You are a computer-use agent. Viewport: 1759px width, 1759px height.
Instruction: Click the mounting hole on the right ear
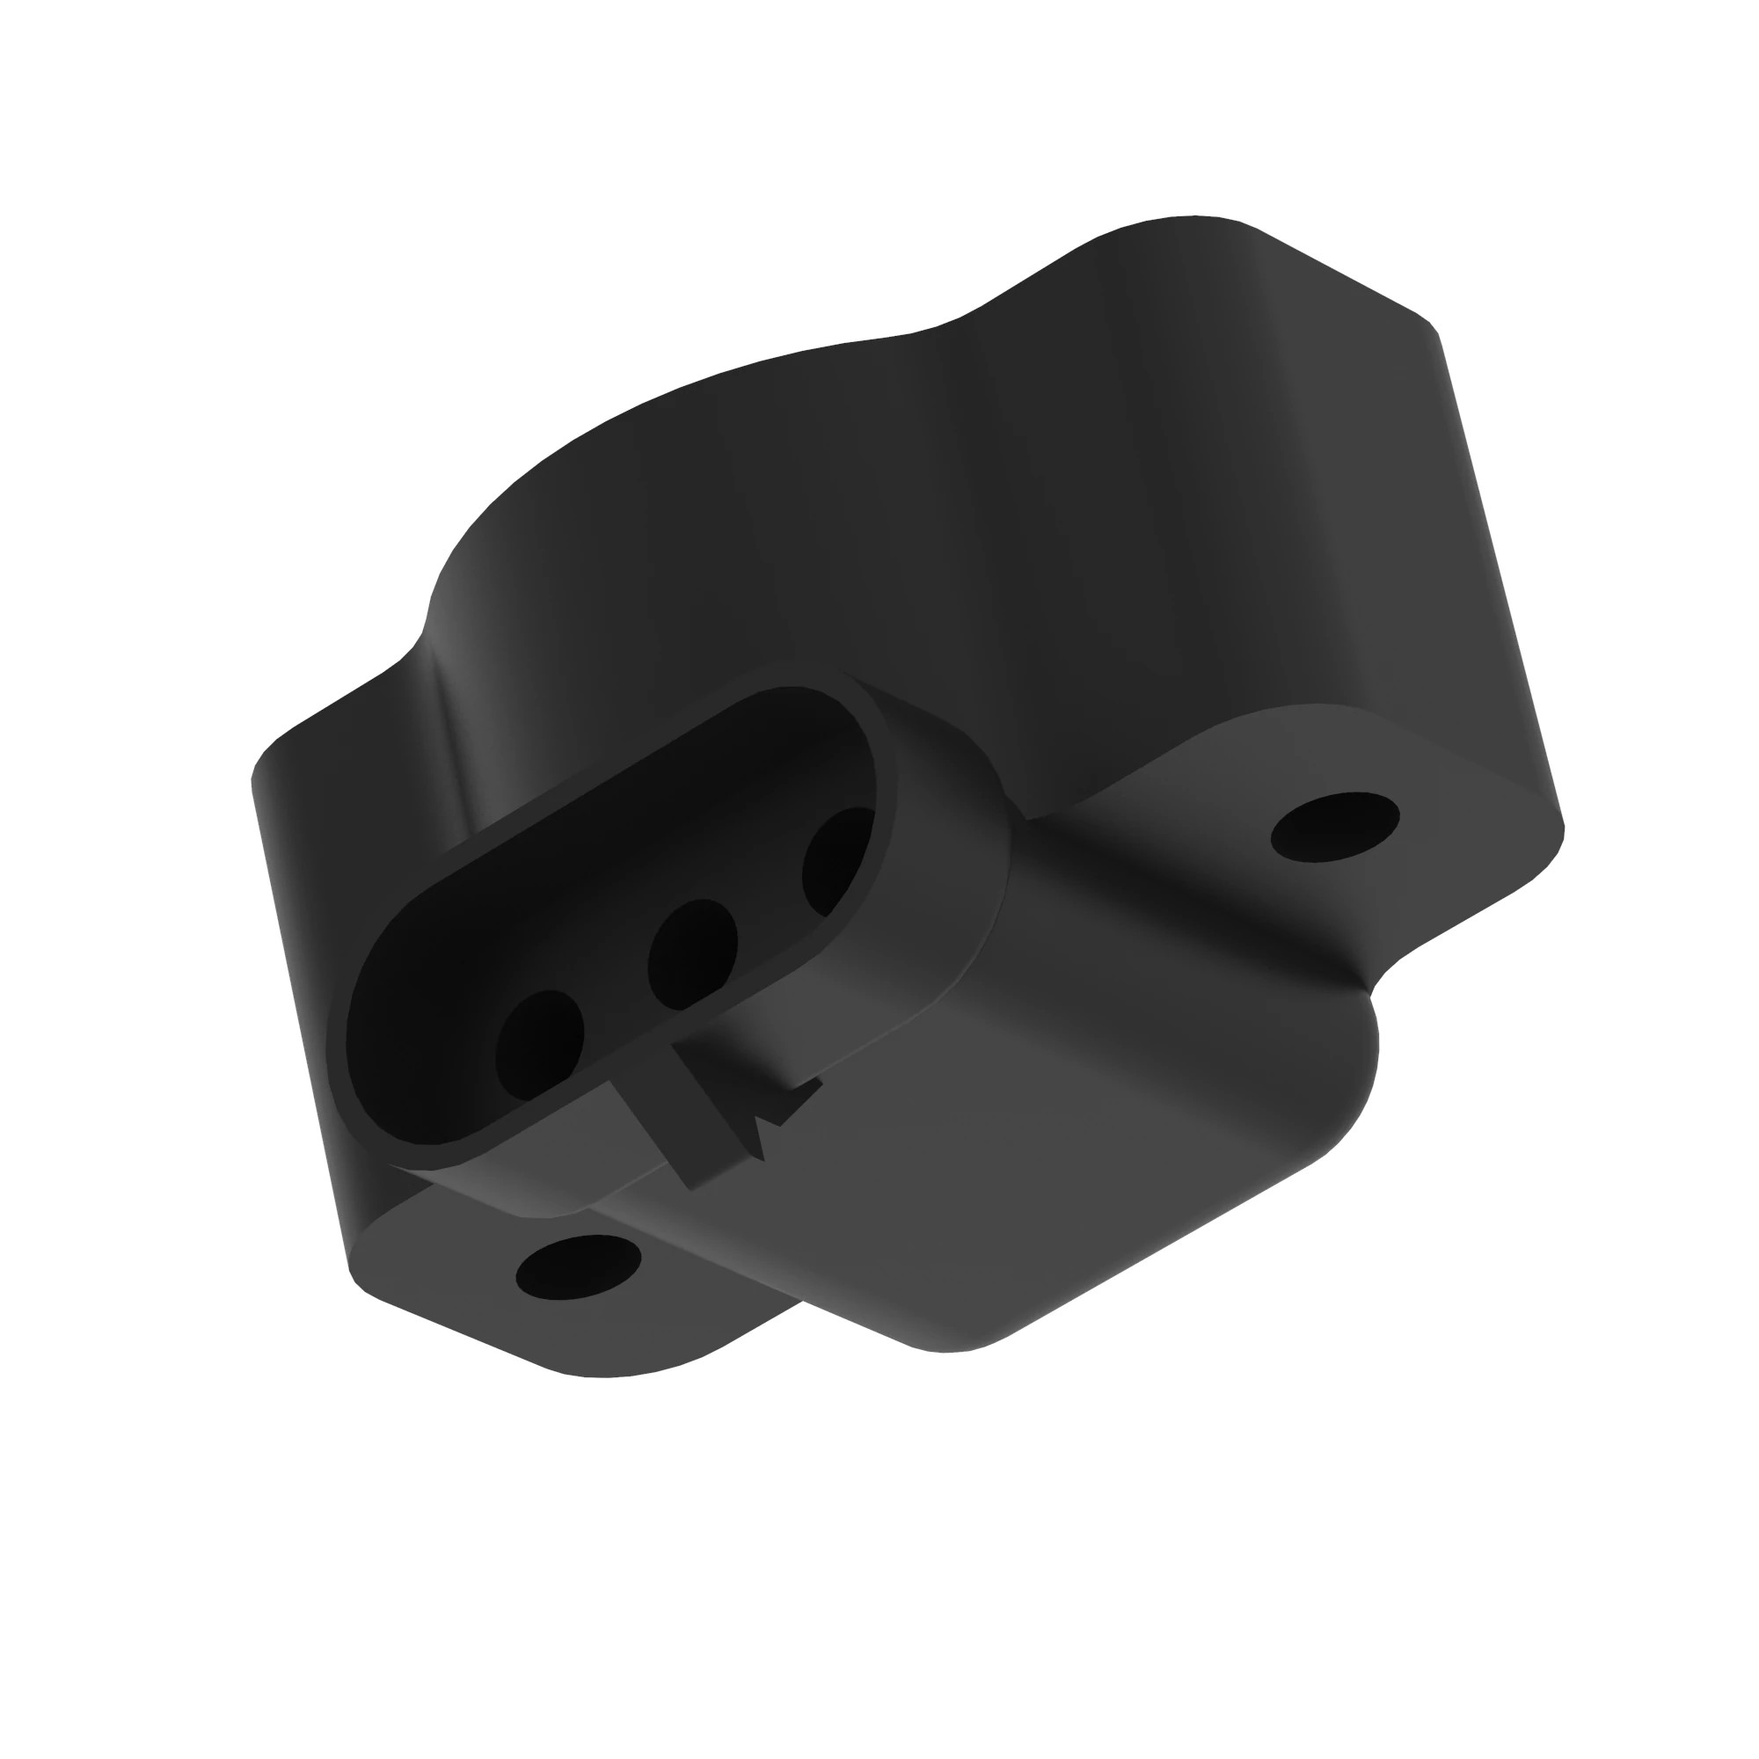(x=1335, y=826)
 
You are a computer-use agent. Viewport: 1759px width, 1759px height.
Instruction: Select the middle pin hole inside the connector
(x=692, y=954)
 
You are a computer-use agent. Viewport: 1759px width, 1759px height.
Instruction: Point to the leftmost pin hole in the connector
(x=539, y=1043)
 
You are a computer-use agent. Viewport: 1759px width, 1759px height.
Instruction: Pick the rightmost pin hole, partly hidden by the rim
(x=836, y=860)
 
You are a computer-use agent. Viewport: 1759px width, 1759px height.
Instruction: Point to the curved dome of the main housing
(x=728, y=456)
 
